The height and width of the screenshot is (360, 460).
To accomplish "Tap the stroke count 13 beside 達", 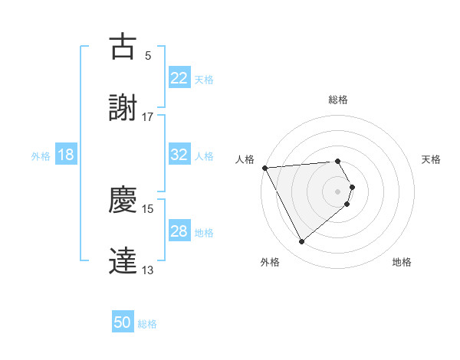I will point(147,270).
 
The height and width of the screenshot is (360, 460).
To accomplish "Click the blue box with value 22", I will point(179,77).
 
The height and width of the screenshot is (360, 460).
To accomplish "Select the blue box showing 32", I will point(179,155).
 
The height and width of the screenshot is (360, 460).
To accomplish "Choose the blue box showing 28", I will point(179,231).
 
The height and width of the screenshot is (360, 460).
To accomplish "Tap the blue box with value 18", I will point(66,155).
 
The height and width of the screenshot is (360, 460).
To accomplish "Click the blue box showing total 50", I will point(123,322).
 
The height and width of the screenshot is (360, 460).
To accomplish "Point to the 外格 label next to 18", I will point(41,155).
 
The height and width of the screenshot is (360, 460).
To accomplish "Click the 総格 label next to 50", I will point(147,324).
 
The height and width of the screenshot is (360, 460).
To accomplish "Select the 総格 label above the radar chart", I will point(338,100).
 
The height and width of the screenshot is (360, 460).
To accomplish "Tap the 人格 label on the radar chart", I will point(245,159).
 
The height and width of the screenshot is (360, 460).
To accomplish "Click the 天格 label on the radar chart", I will point(431,159).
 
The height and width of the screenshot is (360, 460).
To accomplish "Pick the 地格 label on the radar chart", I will point(402,262).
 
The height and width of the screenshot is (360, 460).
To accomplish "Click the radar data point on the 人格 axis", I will point(264,167).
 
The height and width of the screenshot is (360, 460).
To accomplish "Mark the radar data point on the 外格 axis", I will point(301,242).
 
